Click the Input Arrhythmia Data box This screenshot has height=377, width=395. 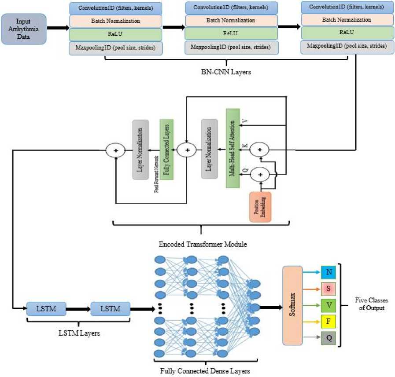[x=24, y=28]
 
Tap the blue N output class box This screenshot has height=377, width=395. [x=328, y=273]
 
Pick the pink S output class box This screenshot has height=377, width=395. [x=328, y=289]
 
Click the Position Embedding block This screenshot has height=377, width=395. [x=260, y=206]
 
